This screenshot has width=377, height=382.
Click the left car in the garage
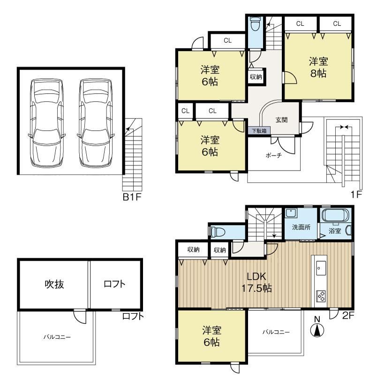pos(46,123)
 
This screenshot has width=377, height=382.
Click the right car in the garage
pos(96,123)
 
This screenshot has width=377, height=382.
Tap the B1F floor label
pos(132,197)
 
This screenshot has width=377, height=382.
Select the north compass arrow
pos(317,330)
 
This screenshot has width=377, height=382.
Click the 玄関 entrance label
pos(281,120)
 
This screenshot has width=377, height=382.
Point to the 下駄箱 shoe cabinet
pos(259,131)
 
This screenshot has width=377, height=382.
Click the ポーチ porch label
pos(274,155)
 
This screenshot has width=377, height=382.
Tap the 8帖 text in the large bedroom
pos(318,73)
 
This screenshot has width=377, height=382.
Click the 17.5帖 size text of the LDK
pos(256,288)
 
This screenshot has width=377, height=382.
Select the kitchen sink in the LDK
pos(321,268)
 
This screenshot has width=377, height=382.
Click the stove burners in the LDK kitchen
pos(321,296)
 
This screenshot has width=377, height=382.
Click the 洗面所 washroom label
pos(301,227)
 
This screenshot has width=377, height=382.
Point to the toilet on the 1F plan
pos(255,24)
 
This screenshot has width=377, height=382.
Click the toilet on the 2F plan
pos(218,232)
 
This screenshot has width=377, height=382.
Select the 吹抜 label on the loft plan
pos(54,285)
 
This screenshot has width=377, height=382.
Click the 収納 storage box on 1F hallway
pos(256,76)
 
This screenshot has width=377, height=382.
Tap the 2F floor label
pos(348,316)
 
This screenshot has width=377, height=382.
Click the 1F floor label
pos(356,195)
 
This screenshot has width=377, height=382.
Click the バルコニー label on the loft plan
pos(57,337)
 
